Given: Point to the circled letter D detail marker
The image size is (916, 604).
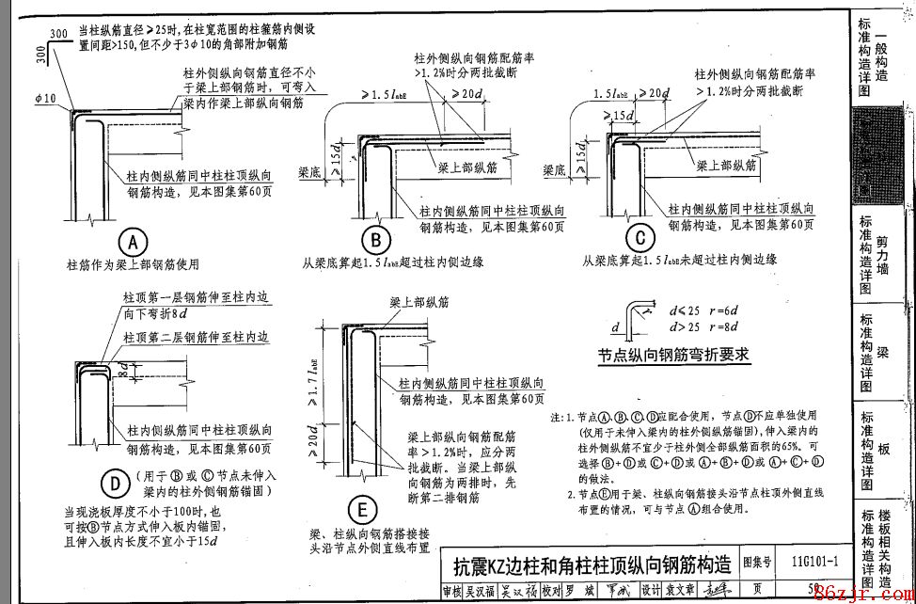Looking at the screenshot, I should (114, 484).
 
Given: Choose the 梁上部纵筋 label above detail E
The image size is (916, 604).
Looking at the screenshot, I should (419, 303).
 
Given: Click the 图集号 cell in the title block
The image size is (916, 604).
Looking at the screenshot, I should (758, 563).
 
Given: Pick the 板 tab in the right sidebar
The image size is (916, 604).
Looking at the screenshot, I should (882, 448).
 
